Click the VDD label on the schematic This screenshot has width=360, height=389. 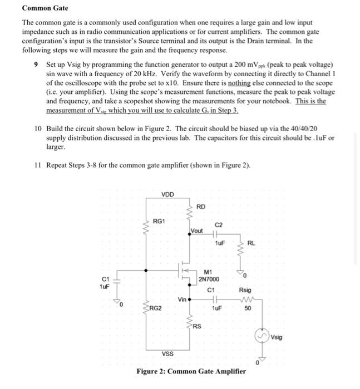(x=167, y=194)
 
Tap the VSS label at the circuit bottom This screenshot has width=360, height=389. (x=167, y=353)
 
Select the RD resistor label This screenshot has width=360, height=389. (x=201, y=206)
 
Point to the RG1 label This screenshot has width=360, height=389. (x=159, y=221)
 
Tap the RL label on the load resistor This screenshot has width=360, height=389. (x=251, y=242)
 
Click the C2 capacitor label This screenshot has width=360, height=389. (x=219, y=225)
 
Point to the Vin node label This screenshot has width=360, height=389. (x=183, y=299)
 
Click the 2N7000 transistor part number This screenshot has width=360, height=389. (x=209, y=278)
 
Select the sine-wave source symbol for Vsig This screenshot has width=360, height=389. (x=262, y=336)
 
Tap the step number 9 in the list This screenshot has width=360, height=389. (x=36, y=64)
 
